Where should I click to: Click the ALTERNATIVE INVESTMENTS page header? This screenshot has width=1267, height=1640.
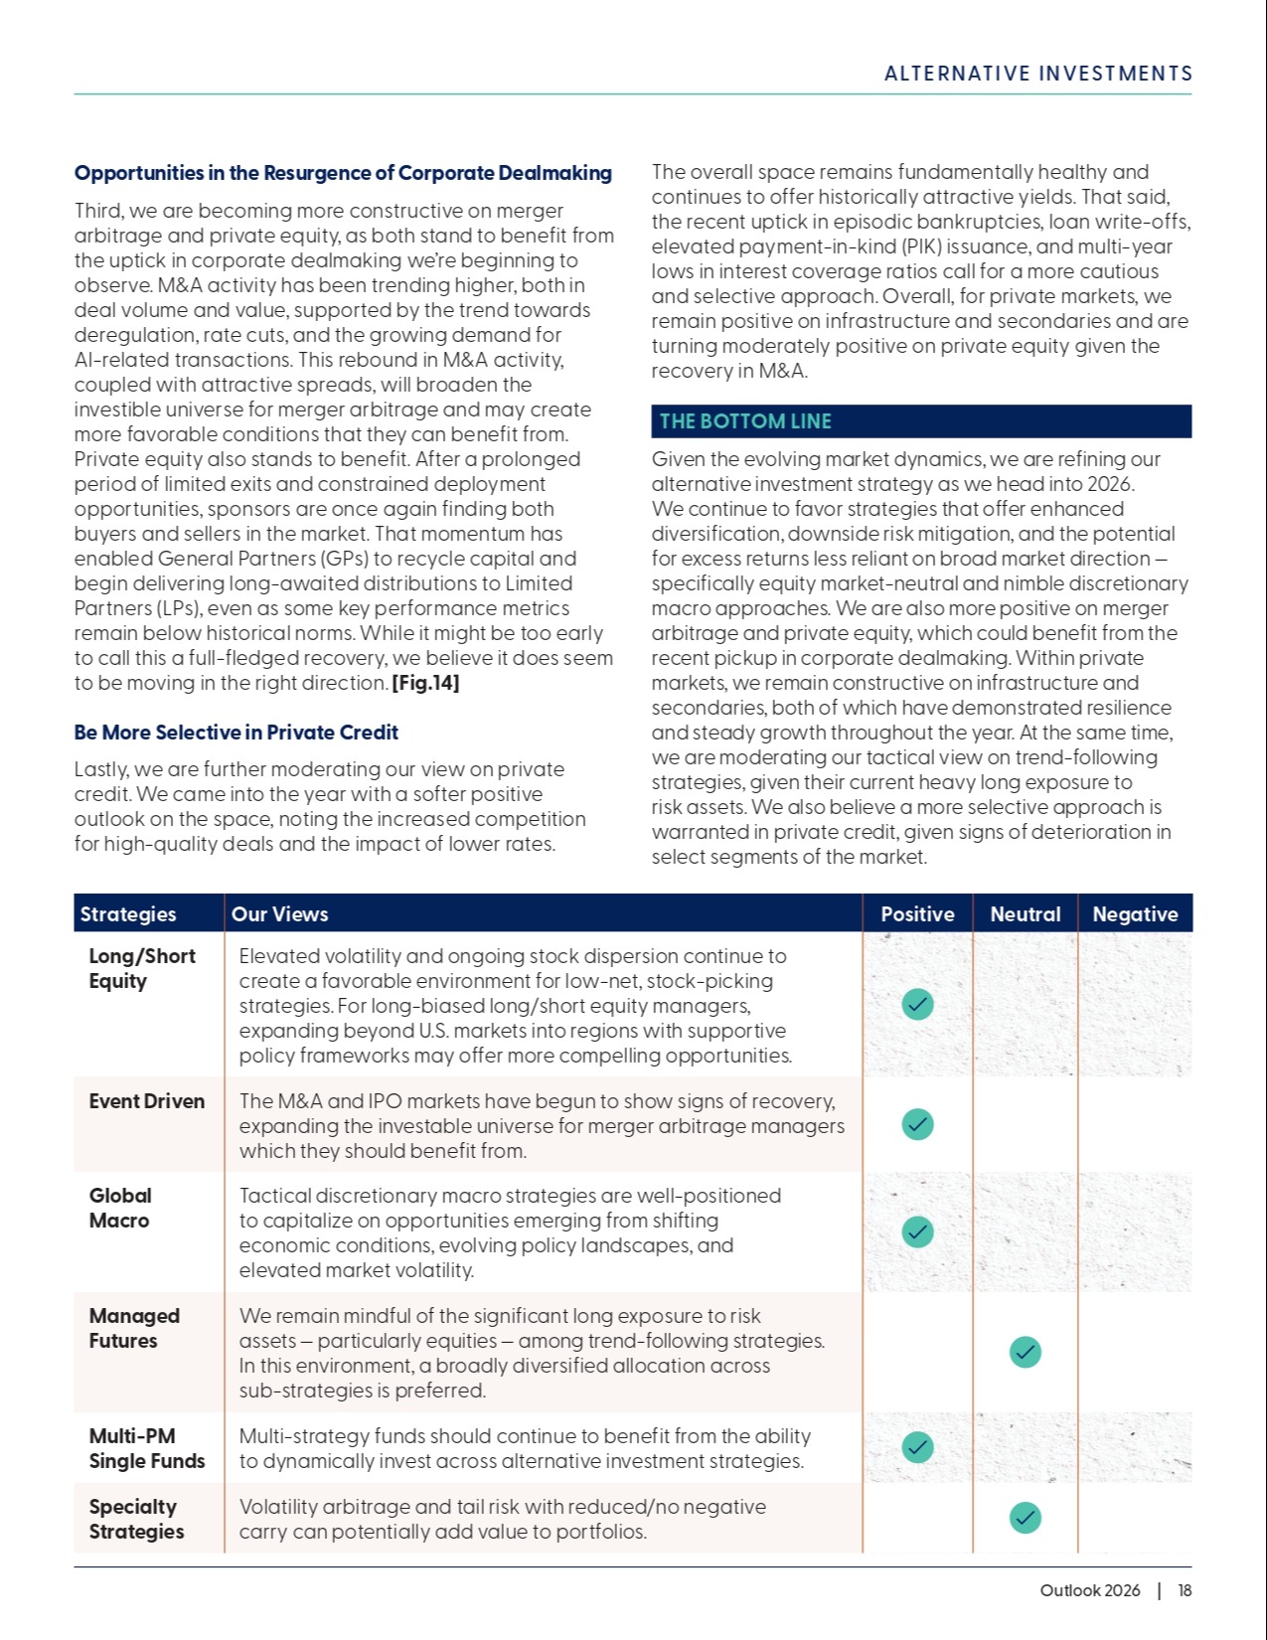[1037, 74]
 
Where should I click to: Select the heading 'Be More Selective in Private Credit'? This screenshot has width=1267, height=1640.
[236, 733]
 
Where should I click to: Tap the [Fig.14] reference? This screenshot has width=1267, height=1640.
[425, 683]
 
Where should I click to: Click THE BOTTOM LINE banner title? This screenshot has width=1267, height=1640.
[745, 421]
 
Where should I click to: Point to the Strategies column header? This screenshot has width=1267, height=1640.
[128, 914]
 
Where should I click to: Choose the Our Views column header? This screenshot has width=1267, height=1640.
[279, 914]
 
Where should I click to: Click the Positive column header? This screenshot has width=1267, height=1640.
[917, 914]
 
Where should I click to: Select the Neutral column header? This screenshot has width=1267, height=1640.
[1025, 914]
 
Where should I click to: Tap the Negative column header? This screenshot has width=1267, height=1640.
[1135, 914]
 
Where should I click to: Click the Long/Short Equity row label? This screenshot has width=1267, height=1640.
[141, 968]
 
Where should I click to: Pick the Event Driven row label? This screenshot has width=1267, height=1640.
[146, 1101]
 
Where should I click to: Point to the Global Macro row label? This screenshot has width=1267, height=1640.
[120, 1208]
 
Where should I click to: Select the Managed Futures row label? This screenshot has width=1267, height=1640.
[134, 1328]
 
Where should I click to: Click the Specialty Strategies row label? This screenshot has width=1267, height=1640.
[136, 1519]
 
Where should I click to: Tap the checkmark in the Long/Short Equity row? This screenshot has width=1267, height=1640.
[917, 1005]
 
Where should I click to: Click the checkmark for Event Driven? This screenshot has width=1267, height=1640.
[917, 1124]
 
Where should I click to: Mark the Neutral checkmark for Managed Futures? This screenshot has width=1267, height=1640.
[1025, 1352]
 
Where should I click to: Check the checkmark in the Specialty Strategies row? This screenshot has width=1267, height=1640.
[1025, 1518]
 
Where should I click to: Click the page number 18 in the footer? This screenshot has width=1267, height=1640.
[1185, 1590]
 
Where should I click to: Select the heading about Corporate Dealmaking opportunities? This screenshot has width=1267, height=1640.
[343, 173]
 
